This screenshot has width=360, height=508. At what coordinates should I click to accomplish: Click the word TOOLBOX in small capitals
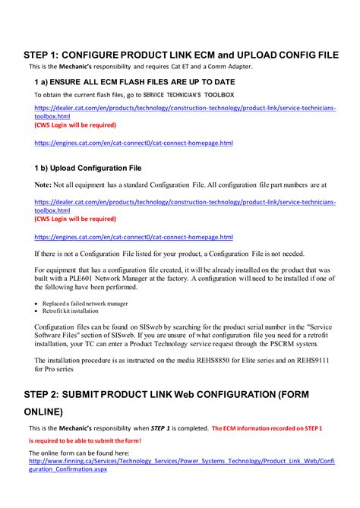click(x=219, y=95)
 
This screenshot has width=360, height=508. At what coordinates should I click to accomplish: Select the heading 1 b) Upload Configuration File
click(x=87, y=167)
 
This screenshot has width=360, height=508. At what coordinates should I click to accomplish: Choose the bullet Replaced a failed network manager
click(x=85, y=303)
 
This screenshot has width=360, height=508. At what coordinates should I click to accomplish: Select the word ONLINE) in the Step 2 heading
click(x=44, y=412)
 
